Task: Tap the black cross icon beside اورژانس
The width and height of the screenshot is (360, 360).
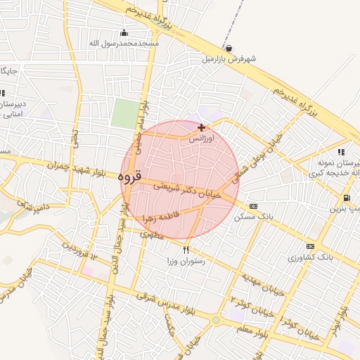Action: click(x=202, y=127)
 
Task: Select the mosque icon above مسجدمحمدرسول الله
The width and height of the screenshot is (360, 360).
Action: click(x=124, y=32)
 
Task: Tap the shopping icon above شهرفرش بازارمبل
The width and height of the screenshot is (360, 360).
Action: click(x=229, y=48)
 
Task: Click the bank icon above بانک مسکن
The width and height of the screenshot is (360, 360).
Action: click(x=253, y=206)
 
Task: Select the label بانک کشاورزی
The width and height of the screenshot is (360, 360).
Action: click(x=303, y=257)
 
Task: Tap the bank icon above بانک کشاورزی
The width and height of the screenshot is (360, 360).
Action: click(x=310, y=246)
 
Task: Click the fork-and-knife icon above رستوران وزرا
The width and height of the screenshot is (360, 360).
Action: click(x=186, y=250)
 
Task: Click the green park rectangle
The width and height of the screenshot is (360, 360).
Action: click(x=126, y=113)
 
